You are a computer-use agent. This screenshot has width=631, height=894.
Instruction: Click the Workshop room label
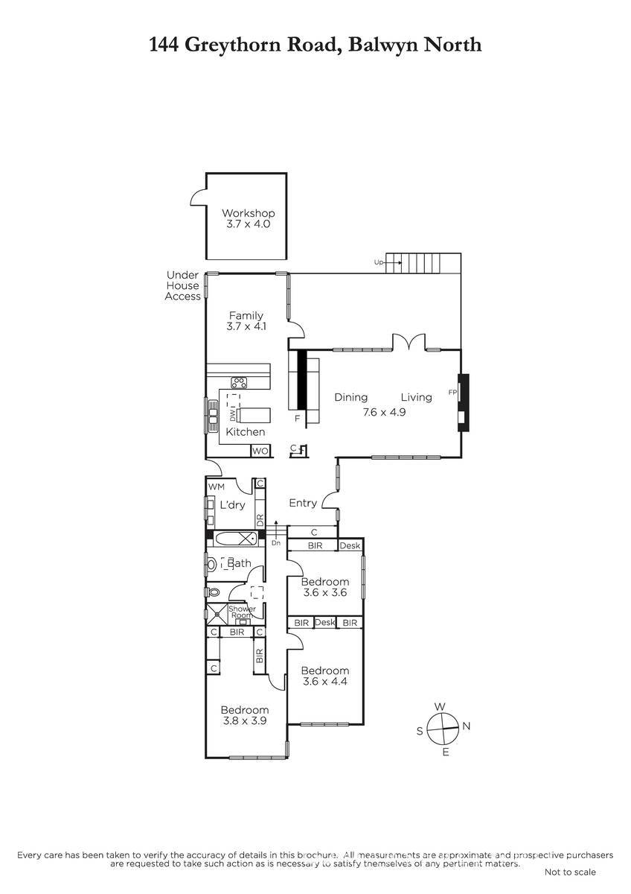(248, 213)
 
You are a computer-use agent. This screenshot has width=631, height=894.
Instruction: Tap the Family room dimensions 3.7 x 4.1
(246, 326)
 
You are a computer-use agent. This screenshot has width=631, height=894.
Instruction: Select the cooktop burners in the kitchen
(239, 383)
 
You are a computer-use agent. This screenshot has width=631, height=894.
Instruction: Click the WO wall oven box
(260, 451)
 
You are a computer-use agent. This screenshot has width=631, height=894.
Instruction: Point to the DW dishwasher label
(233, 416)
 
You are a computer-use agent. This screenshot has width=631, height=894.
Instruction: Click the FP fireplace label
(452, 393)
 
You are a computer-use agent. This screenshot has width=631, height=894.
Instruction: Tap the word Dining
(350, 398)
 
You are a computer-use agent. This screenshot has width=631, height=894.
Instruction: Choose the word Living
(417, 398)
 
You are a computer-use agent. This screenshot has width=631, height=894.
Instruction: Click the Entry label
(303, 504)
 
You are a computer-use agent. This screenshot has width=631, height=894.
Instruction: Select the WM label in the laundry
(217, 487)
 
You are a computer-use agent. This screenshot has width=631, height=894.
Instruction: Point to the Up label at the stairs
(378, 262)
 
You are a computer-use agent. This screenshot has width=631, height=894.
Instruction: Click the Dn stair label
(276, 543)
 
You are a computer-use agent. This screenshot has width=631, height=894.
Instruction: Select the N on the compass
(467, 726)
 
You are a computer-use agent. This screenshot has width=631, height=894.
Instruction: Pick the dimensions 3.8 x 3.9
(245, 721)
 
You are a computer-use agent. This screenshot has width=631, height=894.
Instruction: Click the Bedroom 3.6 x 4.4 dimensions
(325, 681)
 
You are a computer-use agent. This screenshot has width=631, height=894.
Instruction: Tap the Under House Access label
(182, 286)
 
